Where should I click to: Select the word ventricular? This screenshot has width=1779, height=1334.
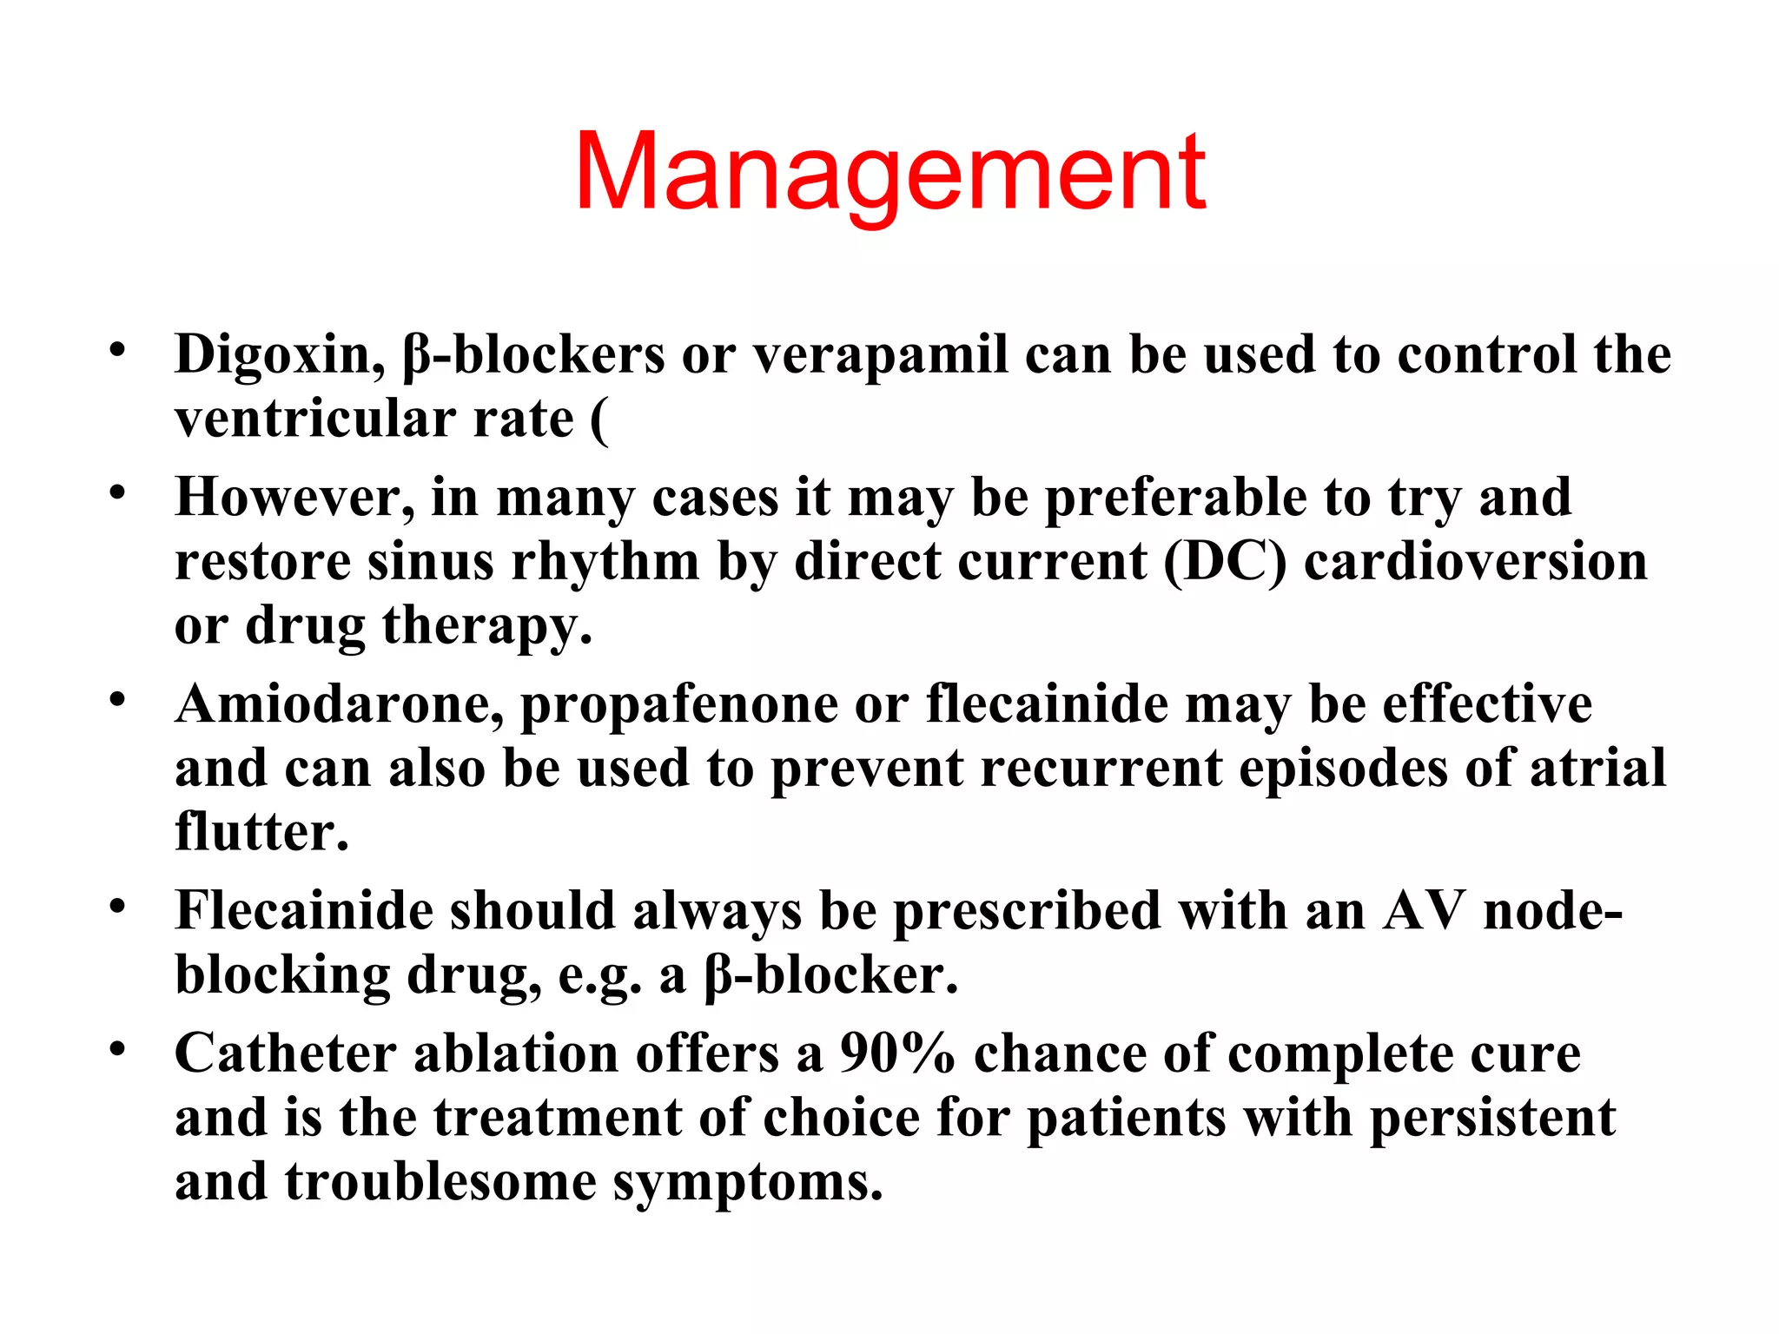(314, 419)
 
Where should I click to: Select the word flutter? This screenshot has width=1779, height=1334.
(261, 832)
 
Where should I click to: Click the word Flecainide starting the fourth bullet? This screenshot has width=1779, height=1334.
(303, 911)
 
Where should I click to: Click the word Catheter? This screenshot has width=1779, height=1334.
(286, 1054)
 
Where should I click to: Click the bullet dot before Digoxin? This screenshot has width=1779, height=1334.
(118, 352)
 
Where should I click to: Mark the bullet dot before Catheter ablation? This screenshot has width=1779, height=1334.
(118, 1050)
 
